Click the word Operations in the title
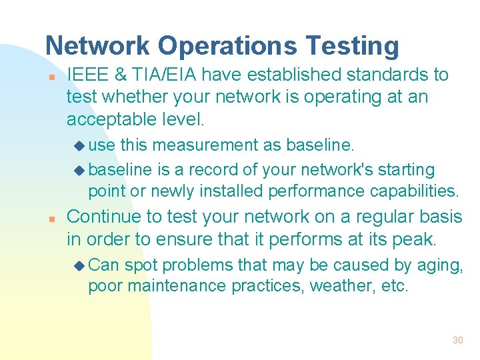(x=227, y=46)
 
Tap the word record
(x=209, y=170)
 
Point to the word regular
(x=377, y=217)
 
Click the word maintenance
(x=177, y=287)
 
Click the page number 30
(x=457, y=340)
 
